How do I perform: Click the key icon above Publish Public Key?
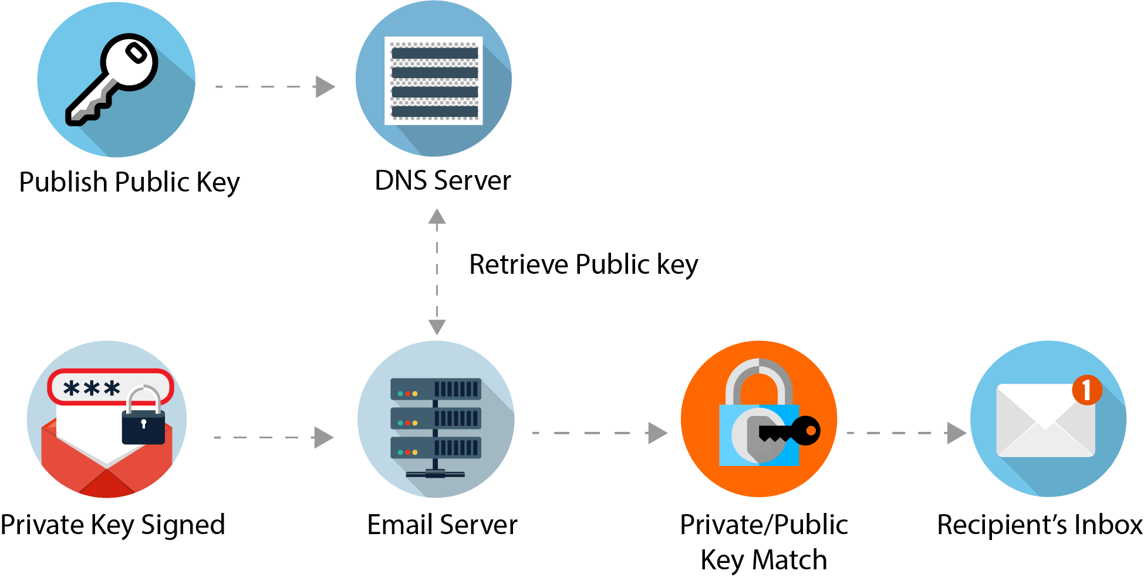pos(112,79)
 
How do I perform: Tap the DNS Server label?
pos(443,180)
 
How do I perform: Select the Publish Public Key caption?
pos(129,182)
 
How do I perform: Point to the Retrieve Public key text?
pos(583,264)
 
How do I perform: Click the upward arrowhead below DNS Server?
pos(437,217)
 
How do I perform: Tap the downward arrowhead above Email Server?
pos(437,327)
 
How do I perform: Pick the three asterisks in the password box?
pos(92,388)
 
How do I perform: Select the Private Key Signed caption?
pos(113,525)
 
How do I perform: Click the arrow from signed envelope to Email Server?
pos(274,437)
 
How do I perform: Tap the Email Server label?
pos(442,525)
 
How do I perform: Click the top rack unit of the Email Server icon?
pos(436,389)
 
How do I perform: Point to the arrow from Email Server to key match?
pos(599,433)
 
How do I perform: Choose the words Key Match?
pos(764,560)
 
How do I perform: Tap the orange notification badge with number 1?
pos(1086,390)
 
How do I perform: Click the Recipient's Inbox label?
pos(1040,525)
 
